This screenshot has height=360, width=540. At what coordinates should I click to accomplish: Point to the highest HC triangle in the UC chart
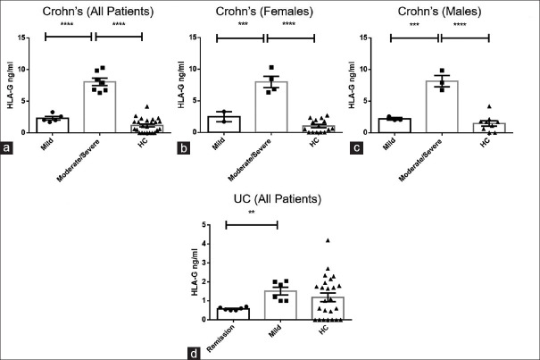328,240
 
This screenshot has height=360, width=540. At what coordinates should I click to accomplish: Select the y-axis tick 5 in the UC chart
207,224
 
